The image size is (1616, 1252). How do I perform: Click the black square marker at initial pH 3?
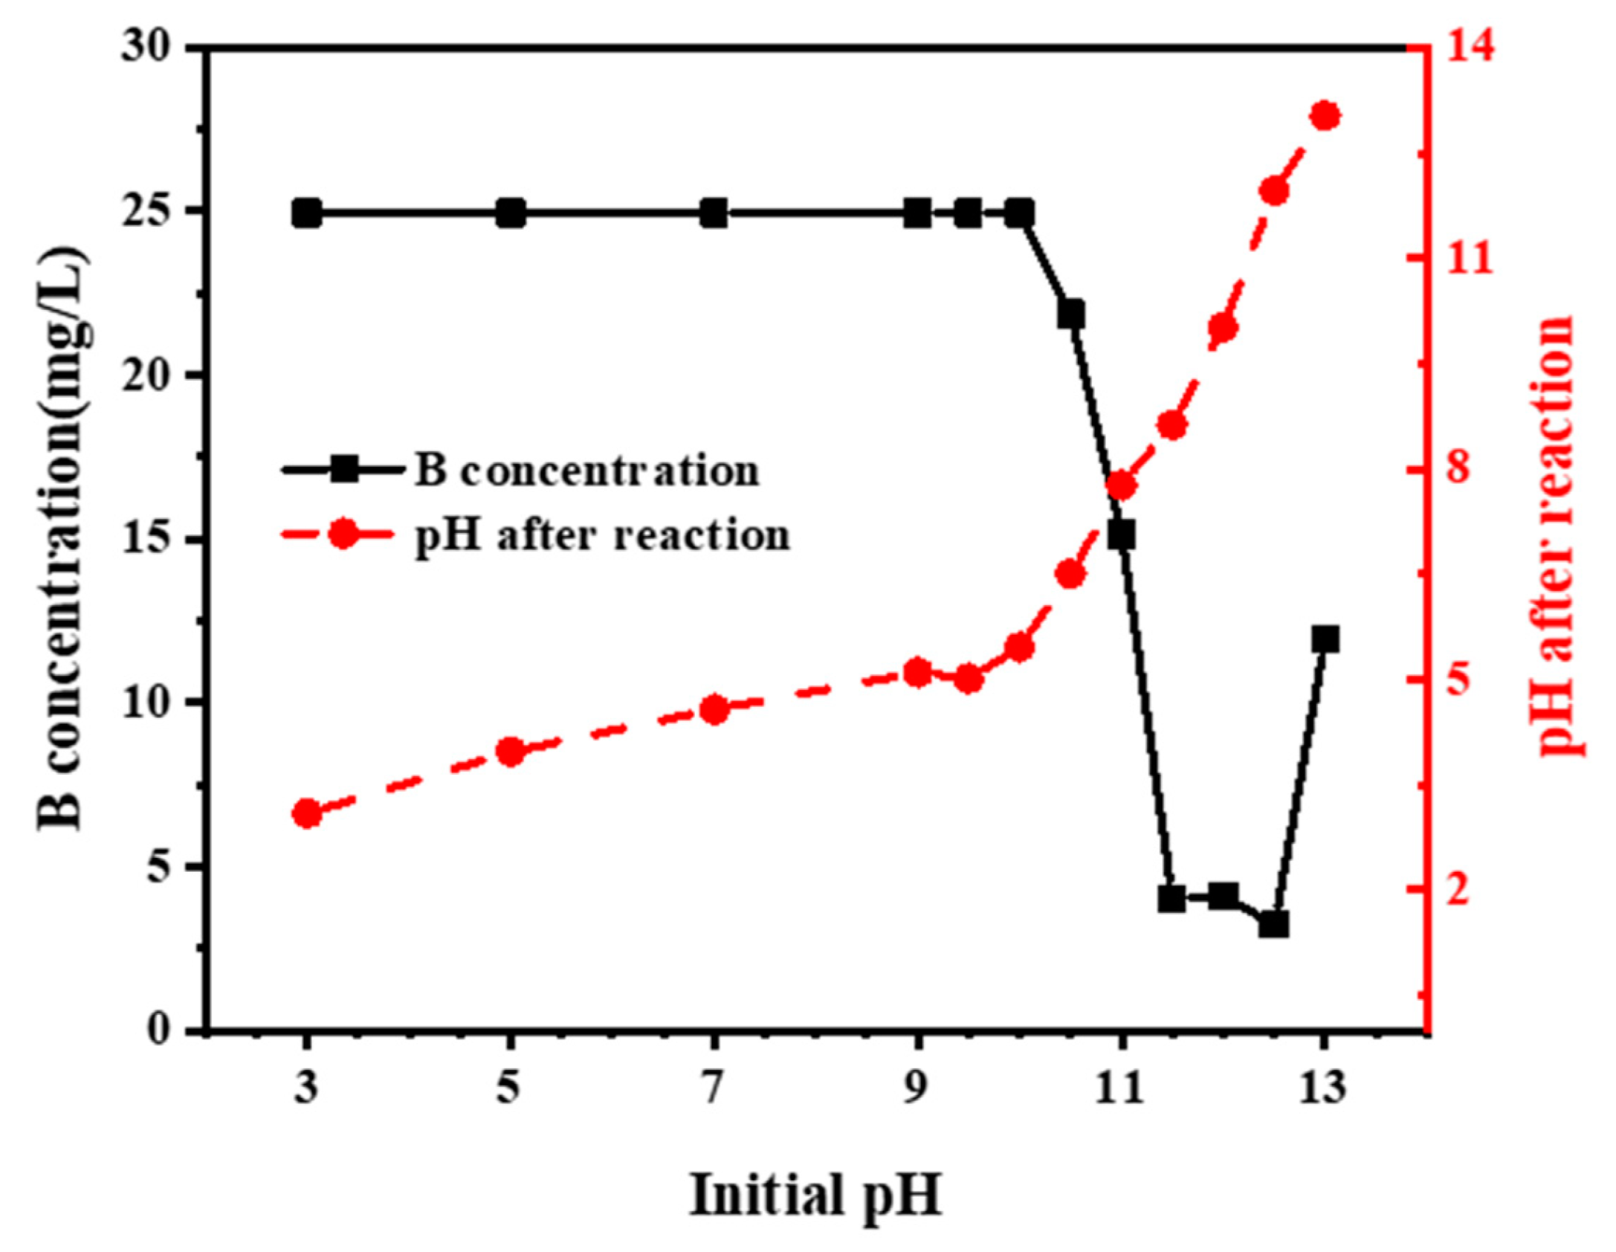point(306,214)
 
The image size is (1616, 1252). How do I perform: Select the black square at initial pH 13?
point(1325,639)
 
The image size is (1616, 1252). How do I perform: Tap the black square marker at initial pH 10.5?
point(1071,314)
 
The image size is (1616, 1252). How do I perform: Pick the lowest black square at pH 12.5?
point(1273,926)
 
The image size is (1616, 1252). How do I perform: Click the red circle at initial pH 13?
point(1325,117)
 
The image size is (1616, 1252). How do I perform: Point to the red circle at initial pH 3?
point(306,814)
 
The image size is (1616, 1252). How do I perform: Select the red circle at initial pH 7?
point(714,709)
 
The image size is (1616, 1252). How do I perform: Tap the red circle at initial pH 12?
point(1223,328)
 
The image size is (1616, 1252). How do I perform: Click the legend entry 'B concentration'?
point(586,471)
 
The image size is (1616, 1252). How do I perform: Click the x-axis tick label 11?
point(1122,1090)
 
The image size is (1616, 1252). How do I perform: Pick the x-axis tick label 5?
point(509,1090)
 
